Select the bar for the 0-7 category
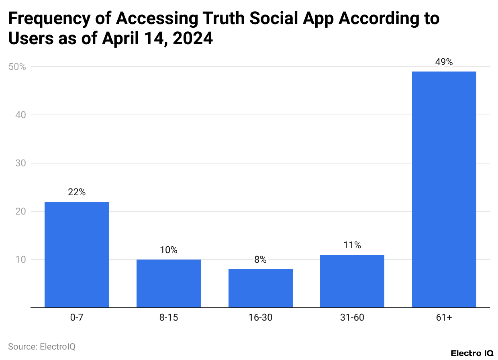pyautogui.click(x=76, y=254)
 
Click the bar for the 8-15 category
pyautogui.click(x=168, y=283)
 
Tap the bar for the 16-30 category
pyautogui.click(x=260, y=288)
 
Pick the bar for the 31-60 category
pyautogui.click(x=352, y=281)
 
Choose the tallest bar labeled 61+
pyautogui.click(x=444, y=189)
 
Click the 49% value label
pyautogui.click(x=444, y=62)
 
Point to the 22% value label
pyautogui.click(x=76, y=192)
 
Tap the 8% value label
pyautogui.click(x=260, y=260)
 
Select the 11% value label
pyautogui.click(x=352, y=245)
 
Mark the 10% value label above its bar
pyautogui.click(x=168, y=250)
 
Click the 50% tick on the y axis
pyautogui.click(x=17, y=67)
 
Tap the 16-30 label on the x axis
pyautogui.click(x=260, y=318)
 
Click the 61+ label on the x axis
pyautogui.click(x=444, y=318)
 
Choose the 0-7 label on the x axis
pyautogui.click(x=76, y=318)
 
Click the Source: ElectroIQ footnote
pyautogui.click(x=42, y=346)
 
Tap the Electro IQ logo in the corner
pyautogui.click(x=472, y=353)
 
